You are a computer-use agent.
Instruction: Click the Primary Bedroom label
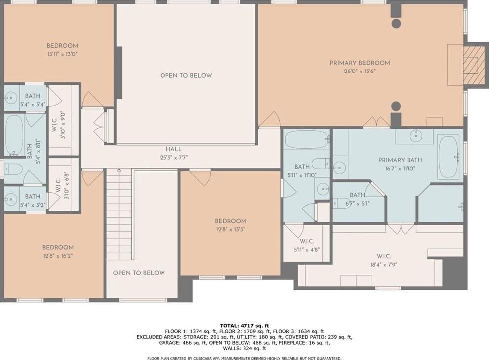coord(360,63)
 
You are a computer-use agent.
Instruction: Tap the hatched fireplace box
coord(474,65)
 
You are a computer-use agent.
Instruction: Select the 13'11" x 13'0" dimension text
coord(62,54)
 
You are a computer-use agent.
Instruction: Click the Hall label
coord(174,149)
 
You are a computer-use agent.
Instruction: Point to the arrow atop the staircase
coord(119,170)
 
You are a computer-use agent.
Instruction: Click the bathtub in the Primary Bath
coord(448,157)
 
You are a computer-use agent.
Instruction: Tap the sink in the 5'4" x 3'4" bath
coord(11,97)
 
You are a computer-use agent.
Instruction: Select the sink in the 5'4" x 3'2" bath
coord(11,199)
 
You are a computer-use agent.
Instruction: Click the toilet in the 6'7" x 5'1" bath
coord(340,203)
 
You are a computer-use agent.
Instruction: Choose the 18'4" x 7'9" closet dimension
coord(384,265)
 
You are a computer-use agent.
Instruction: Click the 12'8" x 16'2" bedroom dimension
coord(58,256)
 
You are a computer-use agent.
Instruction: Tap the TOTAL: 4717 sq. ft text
coord(244,326)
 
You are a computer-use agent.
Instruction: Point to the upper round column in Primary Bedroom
coord(396,23)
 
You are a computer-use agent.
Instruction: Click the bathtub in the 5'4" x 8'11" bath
coord(14,135)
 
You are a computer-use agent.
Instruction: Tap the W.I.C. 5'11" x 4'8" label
coord(307,245)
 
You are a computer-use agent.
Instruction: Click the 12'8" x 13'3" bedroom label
coord(231,225)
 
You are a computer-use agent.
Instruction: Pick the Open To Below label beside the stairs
coord(139,273)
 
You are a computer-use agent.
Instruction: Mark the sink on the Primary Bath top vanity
coord(416,135)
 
